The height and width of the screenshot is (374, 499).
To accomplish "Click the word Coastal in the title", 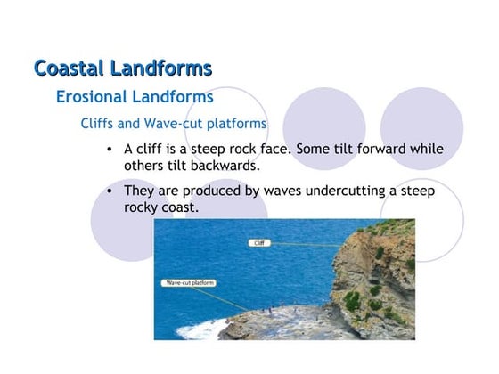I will click(x=70, y=69).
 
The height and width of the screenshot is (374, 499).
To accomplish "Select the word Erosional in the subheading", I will click(x=92, y=96).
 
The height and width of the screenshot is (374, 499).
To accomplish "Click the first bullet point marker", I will click(x=108, y=149).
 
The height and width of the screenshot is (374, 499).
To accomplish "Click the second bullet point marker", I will click(x=108, y=191).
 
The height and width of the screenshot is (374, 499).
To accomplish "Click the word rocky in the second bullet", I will click(x=143, y=207).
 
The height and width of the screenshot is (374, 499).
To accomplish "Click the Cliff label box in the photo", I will click(x=258, y=242).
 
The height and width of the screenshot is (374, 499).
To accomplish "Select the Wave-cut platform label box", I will click(x=189, y=282).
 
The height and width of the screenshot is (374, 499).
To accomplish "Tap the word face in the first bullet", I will click(x=270, y=149).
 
